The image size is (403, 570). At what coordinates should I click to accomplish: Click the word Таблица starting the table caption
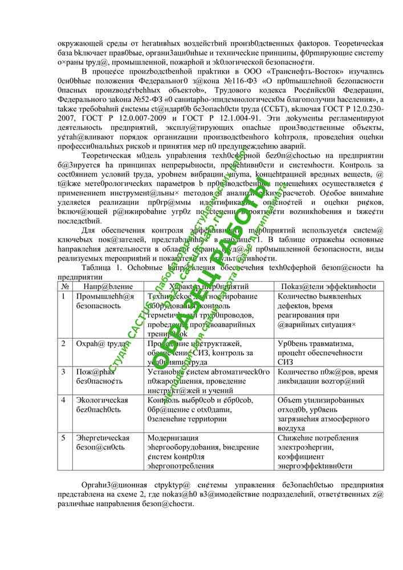(x=97, y=267)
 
